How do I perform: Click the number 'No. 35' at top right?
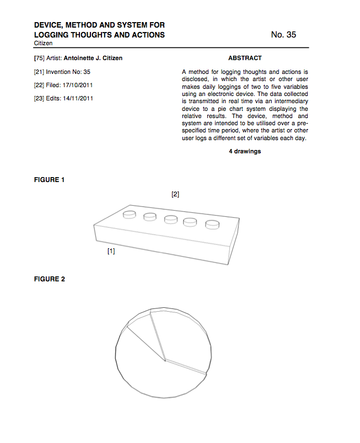(283, 35)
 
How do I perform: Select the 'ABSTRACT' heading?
(245, 58)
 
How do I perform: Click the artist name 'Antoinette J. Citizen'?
(94, 58)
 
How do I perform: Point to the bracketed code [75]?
(39, 58)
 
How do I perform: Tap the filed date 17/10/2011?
(79, 85)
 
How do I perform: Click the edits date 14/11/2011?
(78, 98)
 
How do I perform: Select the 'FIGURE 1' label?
(50, 180)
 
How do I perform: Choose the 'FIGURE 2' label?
(50, 279)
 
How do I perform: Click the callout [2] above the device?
(175, 194)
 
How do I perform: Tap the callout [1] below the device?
(111, 251)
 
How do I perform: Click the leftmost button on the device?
(130, 214)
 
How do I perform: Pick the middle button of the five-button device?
(171, 219)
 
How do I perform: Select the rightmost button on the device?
(212, 225)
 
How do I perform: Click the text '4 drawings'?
(245, 151)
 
